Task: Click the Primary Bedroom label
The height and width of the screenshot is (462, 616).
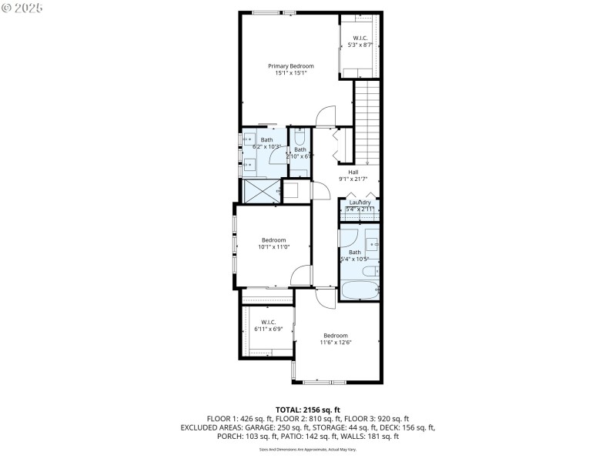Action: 290,66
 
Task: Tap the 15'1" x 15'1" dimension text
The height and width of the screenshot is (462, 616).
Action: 290,73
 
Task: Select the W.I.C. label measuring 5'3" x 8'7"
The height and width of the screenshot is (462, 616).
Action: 360,38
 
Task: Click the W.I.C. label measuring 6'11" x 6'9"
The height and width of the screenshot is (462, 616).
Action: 268,322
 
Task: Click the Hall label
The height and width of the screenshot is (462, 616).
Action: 353,172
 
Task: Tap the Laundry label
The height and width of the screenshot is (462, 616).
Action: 360,203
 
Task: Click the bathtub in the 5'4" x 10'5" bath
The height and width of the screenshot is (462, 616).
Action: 360,291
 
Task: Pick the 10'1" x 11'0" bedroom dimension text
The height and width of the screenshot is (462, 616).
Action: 273,246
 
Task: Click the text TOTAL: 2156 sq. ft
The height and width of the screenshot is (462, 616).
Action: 307,409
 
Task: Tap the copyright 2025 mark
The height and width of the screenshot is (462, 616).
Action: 23,8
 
